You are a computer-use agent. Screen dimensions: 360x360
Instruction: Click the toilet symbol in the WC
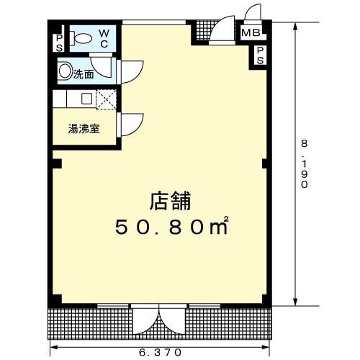pyautogui.click(x=81, y=38)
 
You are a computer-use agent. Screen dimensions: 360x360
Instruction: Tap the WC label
pyautogui.click(x=104, y=38)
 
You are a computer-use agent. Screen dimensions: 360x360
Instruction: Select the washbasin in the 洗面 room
pyautogui.click(x=65, y=71)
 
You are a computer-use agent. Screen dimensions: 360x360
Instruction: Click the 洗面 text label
pyautogui.click(x=84, y=75)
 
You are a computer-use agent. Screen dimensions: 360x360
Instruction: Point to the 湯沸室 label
pyautogui.click(x=84, y=129)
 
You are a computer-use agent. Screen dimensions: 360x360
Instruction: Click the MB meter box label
pyautogui.click(x=251, y=32)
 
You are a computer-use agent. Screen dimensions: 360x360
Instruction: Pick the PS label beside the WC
pyautogui.click(x=59, y=43)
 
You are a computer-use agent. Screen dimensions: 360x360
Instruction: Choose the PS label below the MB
pyautogui.click(x=260, y=55)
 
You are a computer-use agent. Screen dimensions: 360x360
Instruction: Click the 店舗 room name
pyautogui.click(x=170, y=201)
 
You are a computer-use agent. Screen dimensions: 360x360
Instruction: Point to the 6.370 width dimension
pyautogui.click(x=160, y=352)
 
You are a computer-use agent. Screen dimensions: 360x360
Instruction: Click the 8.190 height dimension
pyautogui.click(x=305, y=164)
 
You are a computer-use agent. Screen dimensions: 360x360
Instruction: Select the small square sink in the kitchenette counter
pyautogui.click(x=86, y=99)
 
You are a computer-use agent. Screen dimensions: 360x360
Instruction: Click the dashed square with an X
pyautogui.click(x=107, y=99)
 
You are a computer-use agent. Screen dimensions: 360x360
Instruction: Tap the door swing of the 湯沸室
pyautogui.click(x=132, y=125)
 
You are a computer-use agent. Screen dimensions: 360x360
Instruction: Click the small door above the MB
pyautogui.click(x=253, y=13)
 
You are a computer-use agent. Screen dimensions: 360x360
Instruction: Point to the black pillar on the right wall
pyautogui.click(x=264, y=163)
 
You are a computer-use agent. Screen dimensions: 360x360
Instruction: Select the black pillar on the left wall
pyautogui.click(x=57, y=163)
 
